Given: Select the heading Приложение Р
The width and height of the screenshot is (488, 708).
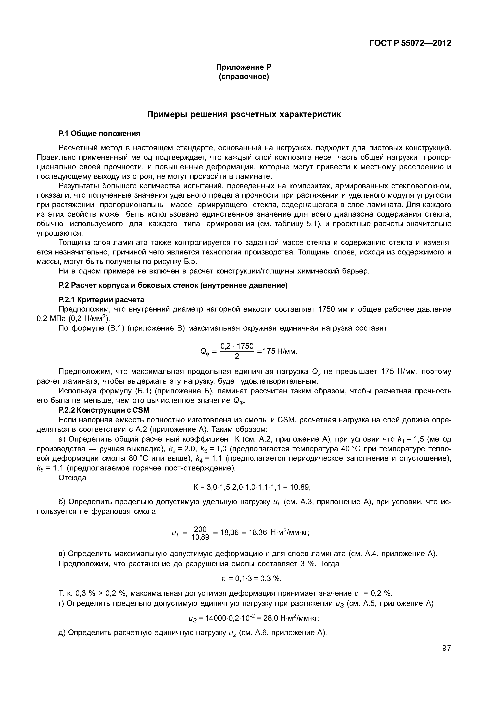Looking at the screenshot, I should (244, 67).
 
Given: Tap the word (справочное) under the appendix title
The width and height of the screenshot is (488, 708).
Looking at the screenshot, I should (244, 76).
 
